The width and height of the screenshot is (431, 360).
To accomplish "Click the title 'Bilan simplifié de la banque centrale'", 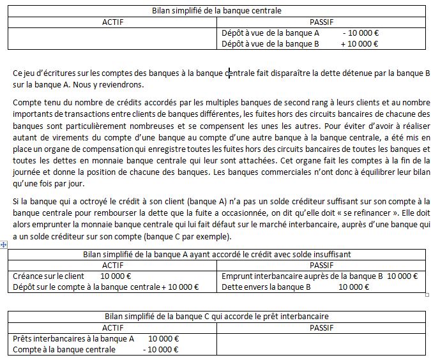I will click(x=216, y=10).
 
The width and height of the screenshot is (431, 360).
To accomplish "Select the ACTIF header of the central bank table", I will click(x=113, y=22).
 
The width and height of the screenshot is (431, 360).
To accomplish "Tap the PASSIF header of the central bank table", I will click(x=321, y=22).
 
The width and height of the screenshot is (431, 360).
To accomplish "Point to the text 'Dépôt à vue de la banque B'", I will click(x=269, y=44).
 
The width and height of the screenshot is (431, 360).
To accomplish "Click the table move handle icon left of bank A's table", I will click(x=4, y=246).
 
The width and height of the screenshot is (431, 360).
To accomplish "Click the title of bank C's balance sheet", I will click(x=216, y=317).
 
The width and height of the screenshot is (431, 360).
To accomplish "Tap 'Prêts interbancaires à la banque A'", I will click(x=73, y=339).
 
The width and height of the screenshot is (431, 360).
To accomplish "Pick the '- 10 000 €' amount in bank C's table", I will click(x=160, y=350).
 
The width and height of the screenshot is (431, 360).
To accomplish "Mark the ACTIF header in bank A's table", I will click(x=113, y=265).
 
